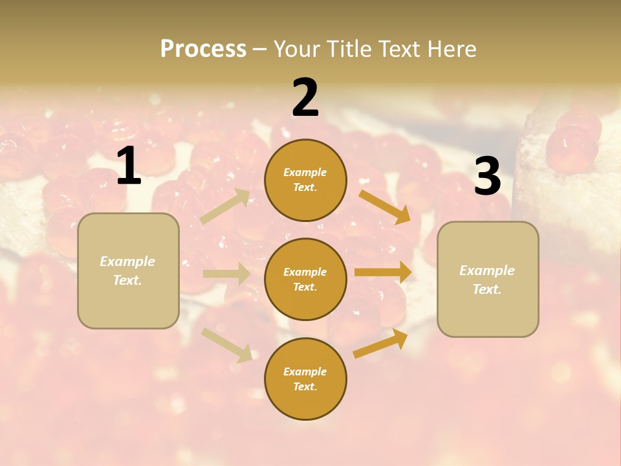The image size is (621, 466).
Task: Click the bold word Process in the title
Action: (203, 49)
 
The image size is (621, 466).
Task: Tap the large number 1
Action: (129, 166)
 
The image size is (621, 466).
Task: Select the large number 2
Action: (305, 98)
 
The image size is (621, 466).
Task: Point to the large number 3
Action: (487, 176)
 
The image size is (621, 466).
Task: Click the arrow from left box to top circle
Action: (225, 206)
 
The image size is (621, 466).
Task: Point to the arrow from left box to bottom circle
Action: (226, 344)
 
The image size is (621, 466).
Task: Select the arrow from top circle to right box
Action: (384, 206)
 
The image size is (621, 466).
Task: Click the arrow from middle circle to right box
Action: (383, 272)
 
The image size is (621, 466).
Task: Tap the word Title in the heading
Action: (349, 49)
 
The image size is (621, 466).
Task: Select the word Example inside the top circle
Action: (305, 172)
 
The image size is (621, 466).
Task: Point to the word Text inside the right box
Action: (487, 289)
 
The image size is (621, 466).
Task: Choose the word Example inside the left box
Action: (127, 261)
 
